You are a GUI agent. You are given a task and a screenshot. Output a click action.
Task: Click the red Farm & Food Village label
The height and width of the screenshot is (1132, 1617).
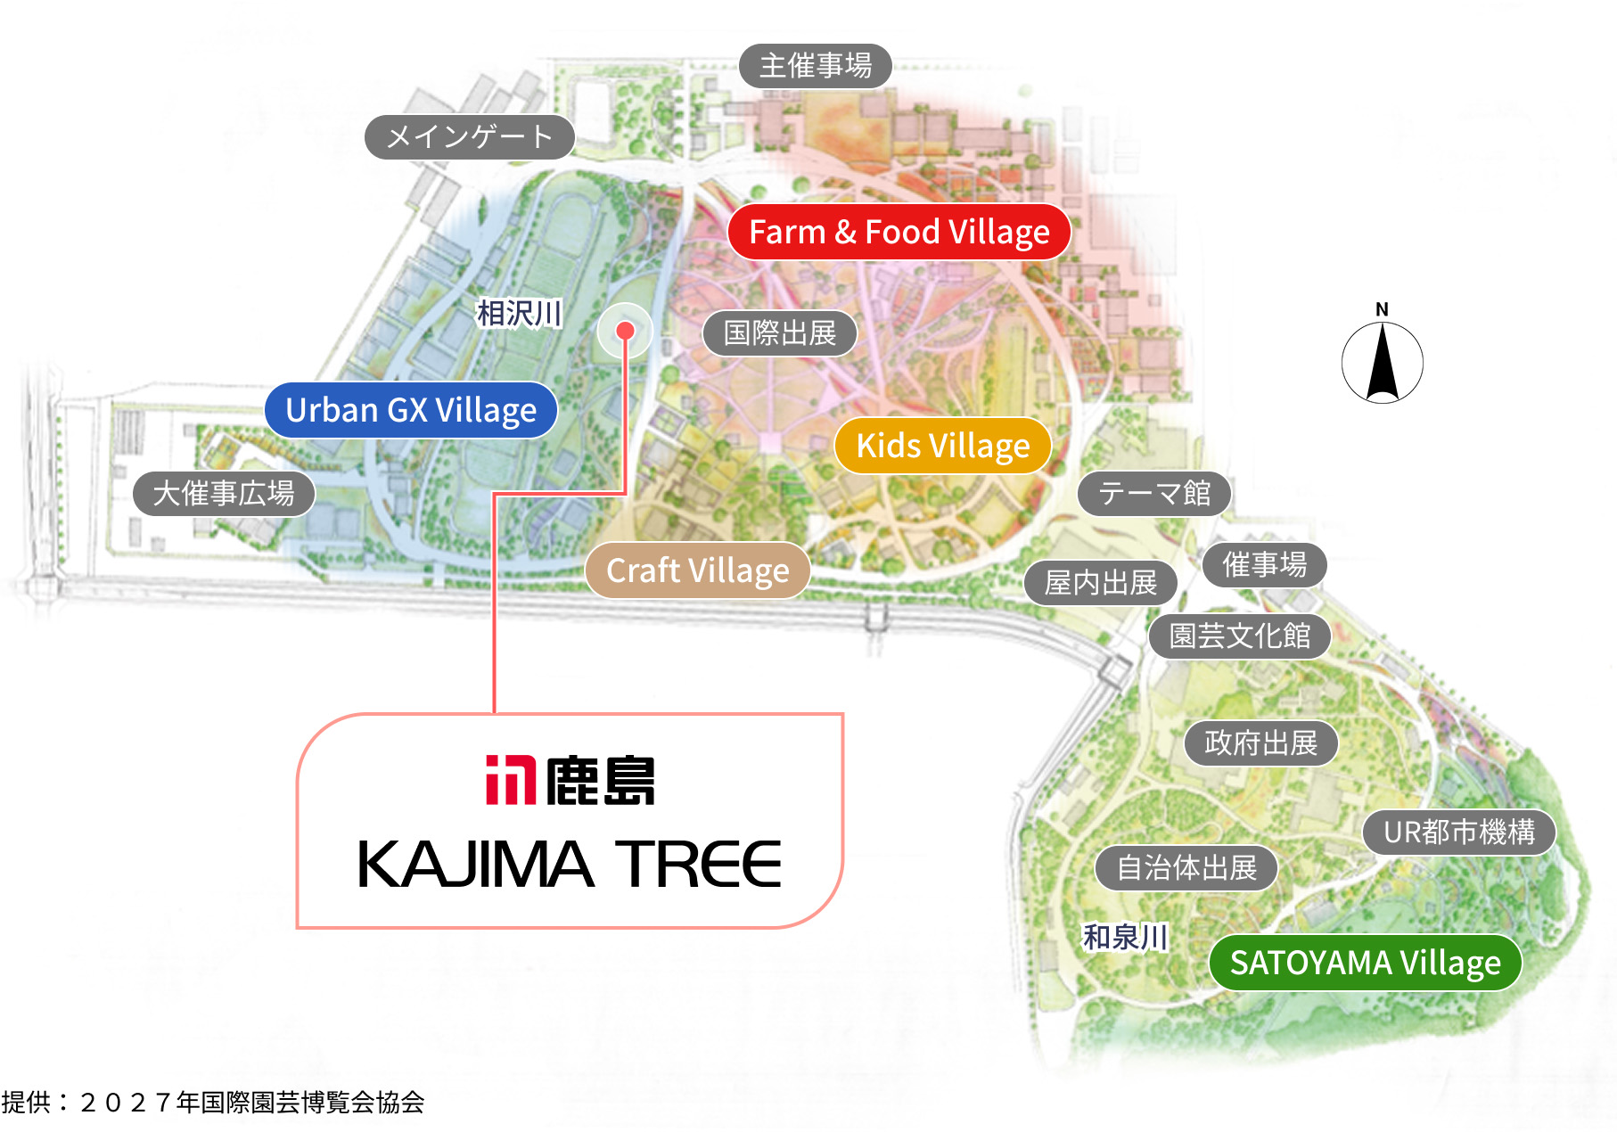point(899,232)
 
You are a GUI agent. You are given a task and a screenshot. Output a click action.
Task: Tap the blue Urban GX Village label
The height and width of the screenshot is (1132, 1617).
point(411,410)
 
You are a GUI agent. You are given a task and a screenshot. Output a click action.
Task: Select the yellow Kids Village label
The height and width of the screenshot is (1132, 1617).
point(942,446)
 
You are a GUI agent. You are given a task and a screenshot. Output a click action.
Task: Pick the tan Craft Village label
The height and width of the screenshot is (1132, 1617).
point(697,570)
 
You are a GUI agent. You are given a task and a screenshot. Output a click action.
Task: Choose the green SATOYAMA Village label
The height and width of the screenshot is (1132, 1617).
point(1365,963)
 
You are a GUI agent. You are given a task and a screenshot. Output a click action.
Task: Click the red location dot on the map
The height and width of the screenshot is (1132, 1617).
point(625,331)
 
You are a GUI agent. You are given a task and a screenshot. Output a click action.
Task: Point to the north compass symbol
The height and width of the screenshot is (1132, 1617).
point(1382,361)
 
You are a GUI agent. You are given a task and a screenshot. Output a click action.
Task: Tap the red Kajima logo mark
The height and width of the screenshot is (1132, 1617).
point(510,780)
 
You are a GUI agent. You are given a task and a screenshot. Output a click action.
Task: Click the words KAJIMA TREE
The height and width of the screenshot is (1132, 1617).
point(569,864)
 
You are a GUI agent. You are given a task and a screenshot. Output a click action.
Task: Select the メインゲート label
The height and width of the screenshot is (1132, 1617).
point(470,137)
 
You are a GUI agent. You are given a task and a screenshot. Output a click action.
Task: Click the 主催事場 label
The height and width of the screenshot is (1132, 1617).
point(815,66)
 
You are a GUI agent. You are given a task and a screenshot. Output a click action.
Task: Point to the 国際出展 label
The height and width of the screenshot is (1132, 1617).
point(779,333)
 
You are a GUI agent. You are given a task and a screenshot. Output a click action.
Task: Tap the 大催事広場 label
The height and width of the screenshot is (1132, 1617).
point(224,494)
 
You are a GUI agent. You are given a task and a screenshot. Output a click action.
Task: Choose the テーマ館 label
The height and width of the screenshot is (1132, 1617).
point(1153,494)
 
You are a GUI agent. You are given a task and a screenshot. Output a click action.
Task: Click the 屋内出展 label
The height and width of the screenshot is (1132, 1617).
point(1100,583)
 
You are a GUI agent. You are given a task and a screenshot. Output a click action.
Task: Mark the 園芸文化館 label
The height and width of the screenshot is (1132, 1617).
point(1239,636)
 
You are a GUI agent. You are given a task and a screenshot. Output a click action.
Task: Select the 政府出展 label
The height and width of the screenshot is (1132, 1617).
point(1260,743)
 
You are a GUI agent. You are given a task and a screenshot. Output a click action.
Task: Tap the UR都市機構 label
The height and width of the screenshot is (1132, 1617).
point(1458,833)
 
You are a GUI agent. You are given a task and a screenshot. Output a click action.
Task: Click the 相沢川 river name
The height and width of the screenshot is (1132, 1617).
point(519,314)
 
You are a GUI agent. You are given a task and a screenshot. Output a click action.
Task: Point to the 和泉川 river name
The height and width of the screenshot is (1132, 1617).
point(1125,938)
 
